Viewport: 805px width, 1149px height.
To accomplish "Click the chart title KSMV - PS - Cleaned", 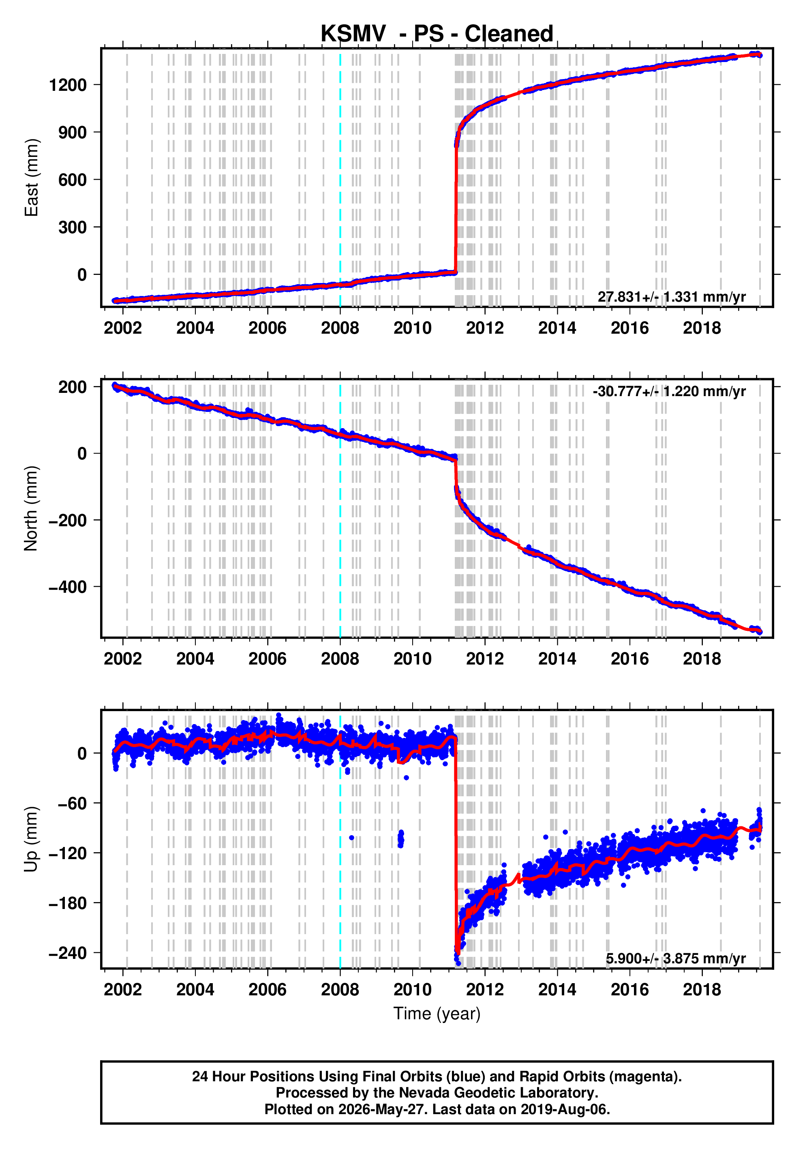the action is coord(437,34).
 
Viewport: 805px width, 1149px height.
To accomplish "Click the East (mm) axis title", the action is coord(31,178).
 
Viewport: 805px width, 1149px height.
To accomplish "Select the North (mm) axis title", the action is coord(31,508).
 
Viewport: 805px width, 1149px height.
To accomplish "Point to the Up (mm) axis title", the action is coord(31,839).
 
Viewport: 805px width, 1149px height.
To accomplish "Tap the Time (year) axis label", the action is coord(437,1013).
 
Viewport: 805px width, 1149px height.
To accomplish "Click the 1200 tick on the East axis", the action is coord(68,85).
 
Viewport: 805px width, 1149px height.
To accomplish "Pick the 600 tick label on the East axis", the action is coord(73,180).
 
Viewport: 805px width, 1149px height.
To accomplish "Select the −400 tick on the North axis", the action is coord(68,587).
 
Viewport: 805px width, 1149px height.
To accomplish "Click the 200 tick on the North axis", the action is coord(73,387).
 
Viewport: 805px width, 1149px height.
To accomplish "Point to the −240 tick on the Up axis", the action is coord(68,953).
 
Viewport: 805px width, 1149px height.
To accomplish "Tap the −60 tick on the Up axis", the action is coord(73,803).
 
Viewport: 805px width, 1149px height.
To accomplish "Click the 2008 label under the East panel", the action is coord(340,328).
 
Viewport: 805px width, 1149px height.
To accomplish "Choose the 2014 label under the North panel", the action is coord(557,659).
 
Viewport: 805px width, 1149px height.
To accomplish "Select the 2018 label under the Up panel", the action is coord(702,990).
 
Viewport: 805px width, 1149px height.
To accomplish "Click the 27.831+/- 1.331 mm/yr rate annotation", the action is coord(671,297).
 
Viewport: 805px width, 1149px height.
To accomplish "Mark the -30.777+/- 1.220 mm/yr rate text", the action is coord(670,391).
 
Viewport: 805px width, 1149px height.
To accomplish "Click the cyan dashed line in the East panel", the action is coord(340,178).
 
